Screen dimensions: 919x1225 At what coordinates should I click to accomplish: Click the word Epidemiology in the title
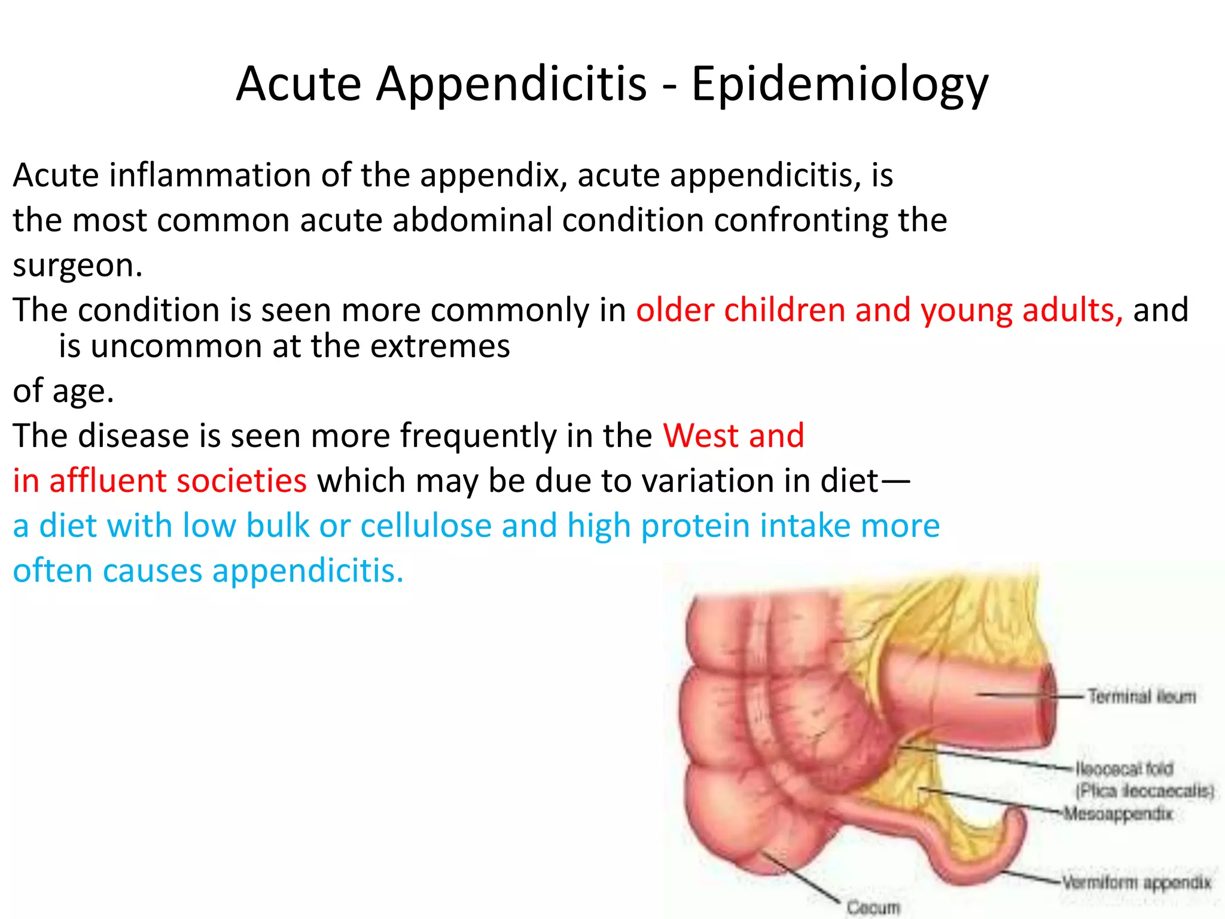pyautogui.click(x=840, y=84)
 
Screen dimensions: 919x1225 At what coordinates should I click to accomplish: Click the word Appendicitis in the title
pyautogui.click(x=511, y=84)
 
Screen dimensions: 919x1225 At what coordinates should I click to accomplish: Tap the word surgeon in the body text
pyautogui.click(x=77, y=265)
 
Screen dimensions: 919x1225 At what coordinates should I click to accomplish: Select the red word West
pyautogui.click(x=700, y=435)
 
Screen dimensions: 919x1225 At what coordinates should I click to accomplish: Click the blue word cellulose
pyautogui.click(x=426, y=525)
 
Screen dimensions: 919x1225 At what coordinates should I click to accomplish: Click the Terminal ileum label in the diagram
pyautogui.click(x=1141, y=696)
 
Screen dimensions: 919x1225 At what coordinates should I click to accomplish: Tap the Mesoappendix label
pyautogui.click(x=1118, y=814)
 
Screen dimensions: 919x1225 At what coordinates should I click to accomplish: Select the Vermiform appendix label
pyautogui.click(x=1136, y=883)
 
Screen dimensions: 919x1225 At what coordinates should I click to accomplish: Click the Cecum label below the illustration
pyautogui.click(x=873, y=908)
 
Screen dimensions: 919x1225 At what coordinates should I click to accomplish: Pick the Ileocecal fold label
pyautogui.click(x=1125, y=768)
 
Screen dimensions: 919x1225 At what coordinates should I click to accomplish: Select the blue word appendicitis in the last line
pyautogui.click(x=308, y=570)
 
